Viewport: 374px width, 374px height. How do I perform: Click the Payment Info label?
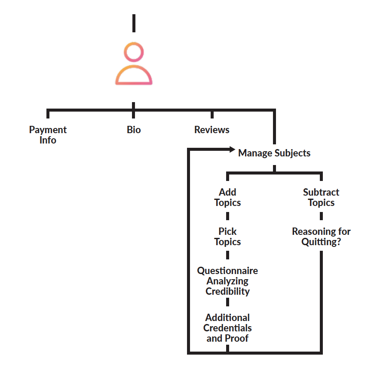(x=48, y=135)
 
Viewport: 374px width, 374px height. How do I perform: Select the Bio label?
(x=134, y=130)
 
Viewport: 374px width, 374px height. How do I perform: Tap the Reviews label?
(x=212, y=130)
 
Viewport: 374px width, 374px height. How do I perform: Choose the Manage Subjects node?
(x=274, y=153)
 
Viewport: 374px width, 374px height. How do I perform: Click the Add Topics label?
(x=227, y=197)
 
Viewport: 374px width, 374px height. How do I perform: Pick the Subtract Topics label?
(x=321, y=197)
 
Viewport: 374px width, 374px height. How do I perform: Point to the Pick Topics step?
(x=227, y=237)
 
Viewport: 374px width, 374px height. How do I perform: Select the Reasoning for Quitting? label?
(x=321, y=237)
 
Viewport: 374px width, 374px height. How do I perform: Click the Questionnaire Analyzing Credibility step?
(x=227, y=281)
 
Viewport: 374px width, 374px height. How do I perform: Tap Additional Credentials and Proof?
(x=227, y=328)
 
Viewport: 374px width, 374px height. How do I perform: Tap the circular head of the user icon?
(x=134, y=53)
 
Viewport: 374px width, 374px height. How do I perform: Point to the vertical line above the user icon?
(x=134, y=23)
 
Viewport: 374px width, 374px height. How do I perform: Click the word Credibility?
(x=227, y=291)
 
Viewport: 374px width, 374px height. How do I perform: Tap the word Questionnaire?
(x=227, y=271)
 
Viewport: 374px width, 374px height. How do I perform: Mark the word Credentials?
(x=227, y=328)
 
